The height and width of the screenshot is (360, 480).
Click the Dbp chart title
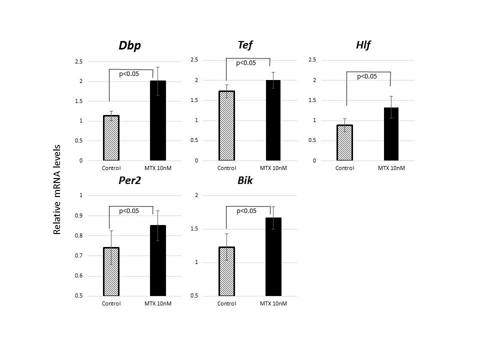pos(129,46)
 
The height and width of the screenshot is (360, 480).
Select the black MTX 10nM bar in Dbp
pos(158,120)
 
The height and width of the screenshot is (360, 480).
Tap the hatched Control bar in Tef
pos(226,125)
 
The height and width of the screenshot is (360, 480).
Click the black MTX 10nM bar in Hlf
pos(391,134)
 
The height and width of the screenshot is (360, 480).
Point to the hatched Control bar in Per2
pos(111,271)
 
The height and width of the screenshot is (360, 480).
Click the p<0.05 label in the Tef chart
pos(245,63)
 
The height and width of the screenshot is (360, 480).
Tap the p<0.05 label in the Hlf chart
pos(366,76)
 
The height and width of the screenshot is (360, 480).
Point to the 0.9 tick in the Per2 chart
pos(77,215)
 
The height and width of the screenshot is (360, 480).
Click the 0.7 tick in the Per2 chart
pos(77,255)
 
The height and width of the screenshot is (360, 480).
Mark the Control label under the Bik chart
pos(226,303)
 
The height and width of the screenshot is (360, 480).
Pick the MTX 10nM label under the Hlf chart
pos(391,168)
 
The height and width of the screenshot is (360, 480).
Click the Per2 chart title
pos(129,180)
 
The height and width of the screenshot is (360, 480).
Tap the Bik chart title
pos(245,180)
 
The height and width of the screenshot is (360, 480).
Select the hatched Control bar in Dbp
pos(111,138)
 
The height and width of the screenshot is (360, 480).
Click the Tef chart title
pos(245,45)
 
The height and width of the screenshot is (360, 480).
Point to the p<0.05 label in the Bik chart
pos(245,211)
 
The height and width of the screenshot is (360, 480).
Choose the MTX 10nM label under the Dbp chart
pos(158,168)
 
